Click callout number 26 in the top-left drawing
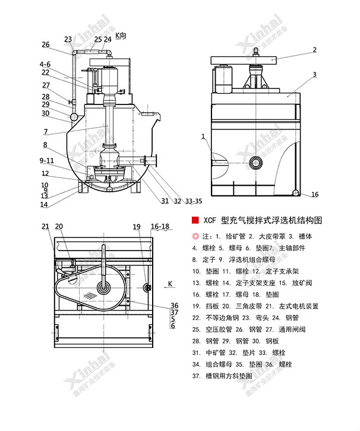pyautogui.click(x=46, y=45)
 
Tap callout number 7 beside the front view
pyautogui.click(x=45, y=131)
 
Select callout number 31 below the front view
pyautogui.click(x=165, y=200)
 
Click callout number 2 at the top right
pyautogui.click(x=315, y=50)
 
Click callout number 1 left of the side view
pyautogui.click(x=203, y=137)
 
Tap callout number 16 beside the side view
pyautogui.click(x=315, y=194)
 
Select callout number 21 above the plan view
pyautogui.click(x=46, y=226)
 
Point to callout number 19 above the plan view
pyautogui.click(x=137, y=226)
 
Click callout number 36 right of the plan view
pyautogui.click(x=173, y=305)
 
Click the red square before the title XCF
pyautogui.click(x=194, y=220)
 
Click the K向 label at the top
pyautogui.click(x=121, y=36)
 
